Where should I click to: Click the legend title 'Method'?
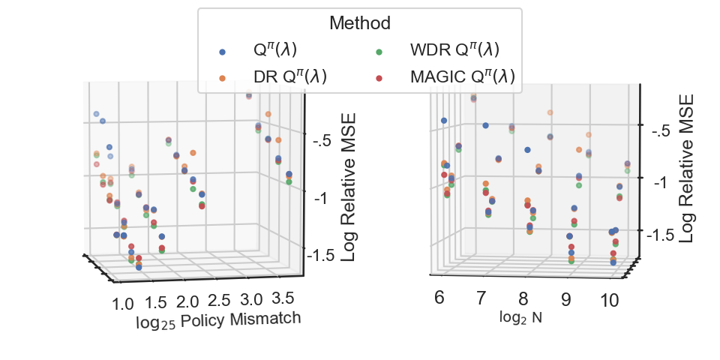359,23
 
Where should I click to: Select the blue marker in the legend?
222,52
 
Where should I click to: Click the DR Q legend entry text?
289,76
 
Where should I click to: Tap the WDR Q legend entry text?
454,51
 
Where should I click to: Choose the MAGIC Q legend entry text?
462,76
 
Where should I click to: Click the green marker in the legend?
379,52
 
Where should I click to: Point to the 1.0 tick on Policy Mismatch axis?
124,304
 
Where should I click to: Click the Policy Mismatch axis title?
218,320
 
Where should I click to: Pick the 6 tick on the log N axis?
439,298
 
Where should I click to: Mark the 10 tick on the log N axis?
610,301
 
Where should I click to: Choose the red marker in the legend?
379,77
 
